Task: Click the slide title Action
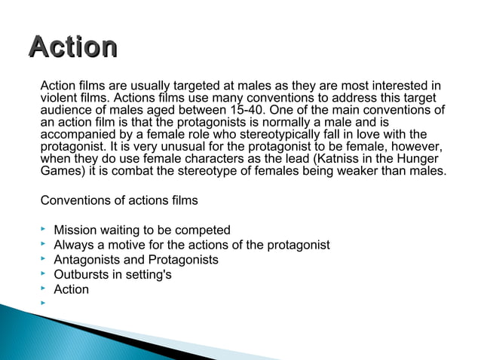(72, 47)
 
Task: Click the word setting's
(148, 274)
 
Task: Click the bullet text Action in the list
(72, 289)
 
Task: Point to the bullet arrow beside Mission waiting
(44, 229)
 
